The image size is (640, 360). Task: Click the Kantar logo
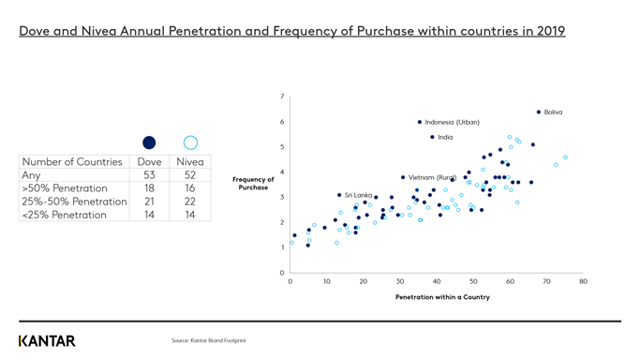(47, 340)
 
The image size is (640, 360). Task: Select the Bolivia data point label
(553, 112)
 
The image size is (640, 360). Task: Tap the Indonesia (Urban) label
(452, 122)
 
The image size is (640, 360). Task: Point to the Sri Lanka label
(358, 195)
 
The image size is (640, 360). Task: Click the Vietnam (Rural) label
(432, 177)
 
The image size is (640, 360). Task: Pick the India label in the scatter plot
(445, 138)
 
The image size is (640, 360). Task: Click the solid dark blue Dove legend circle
(149, 142)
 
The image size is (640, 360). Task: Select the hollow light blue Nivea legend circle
(190, 142)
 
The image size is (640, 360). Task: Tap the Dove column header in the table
(149, 161)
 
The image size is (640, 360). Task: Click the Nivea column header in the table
(190, 161)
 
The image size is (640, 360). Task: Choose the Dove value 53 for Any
(149, 174)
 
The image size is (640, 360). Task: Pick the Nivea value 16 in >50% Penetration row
(190, 187)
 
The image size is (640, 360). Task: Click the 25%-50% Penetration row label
(74, 201)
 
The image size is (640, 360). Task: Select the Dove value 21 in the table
(149, 201)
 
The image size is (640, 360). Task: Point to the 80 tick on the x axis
(583, 281)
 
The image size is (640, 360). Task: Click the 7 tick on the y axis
(282, 97)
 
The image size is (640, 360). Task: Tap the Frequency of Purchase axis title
(253, 183)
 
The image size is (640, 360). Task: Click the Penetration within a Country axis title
(442, 297)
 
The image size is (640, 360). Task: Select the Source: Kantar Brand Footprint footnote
(208, 340)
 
